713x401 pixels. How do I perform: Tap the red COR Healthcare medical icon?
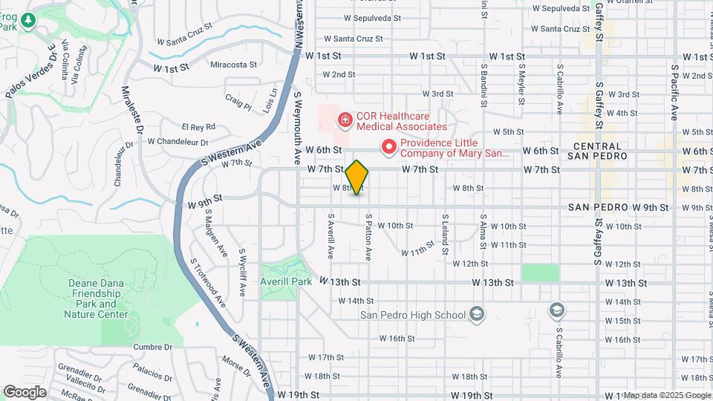345,120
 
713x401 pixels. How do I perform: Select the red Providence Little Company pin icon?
388,148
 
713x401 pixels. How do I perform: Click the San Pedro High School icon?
476,314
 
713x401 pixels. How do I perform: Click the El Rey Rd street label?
198,127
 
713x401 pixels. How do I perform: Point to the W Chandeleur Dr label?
178,141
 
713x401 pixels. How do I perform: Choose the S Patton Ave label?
368,237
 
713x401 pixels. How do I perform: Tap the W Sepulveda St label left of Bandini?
371,18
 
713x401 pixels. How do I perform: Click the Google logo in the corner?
25,392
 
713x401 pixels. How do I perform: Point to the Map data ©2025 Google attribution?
667,395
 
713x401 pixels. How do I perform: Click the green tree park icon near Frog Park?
30,20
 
